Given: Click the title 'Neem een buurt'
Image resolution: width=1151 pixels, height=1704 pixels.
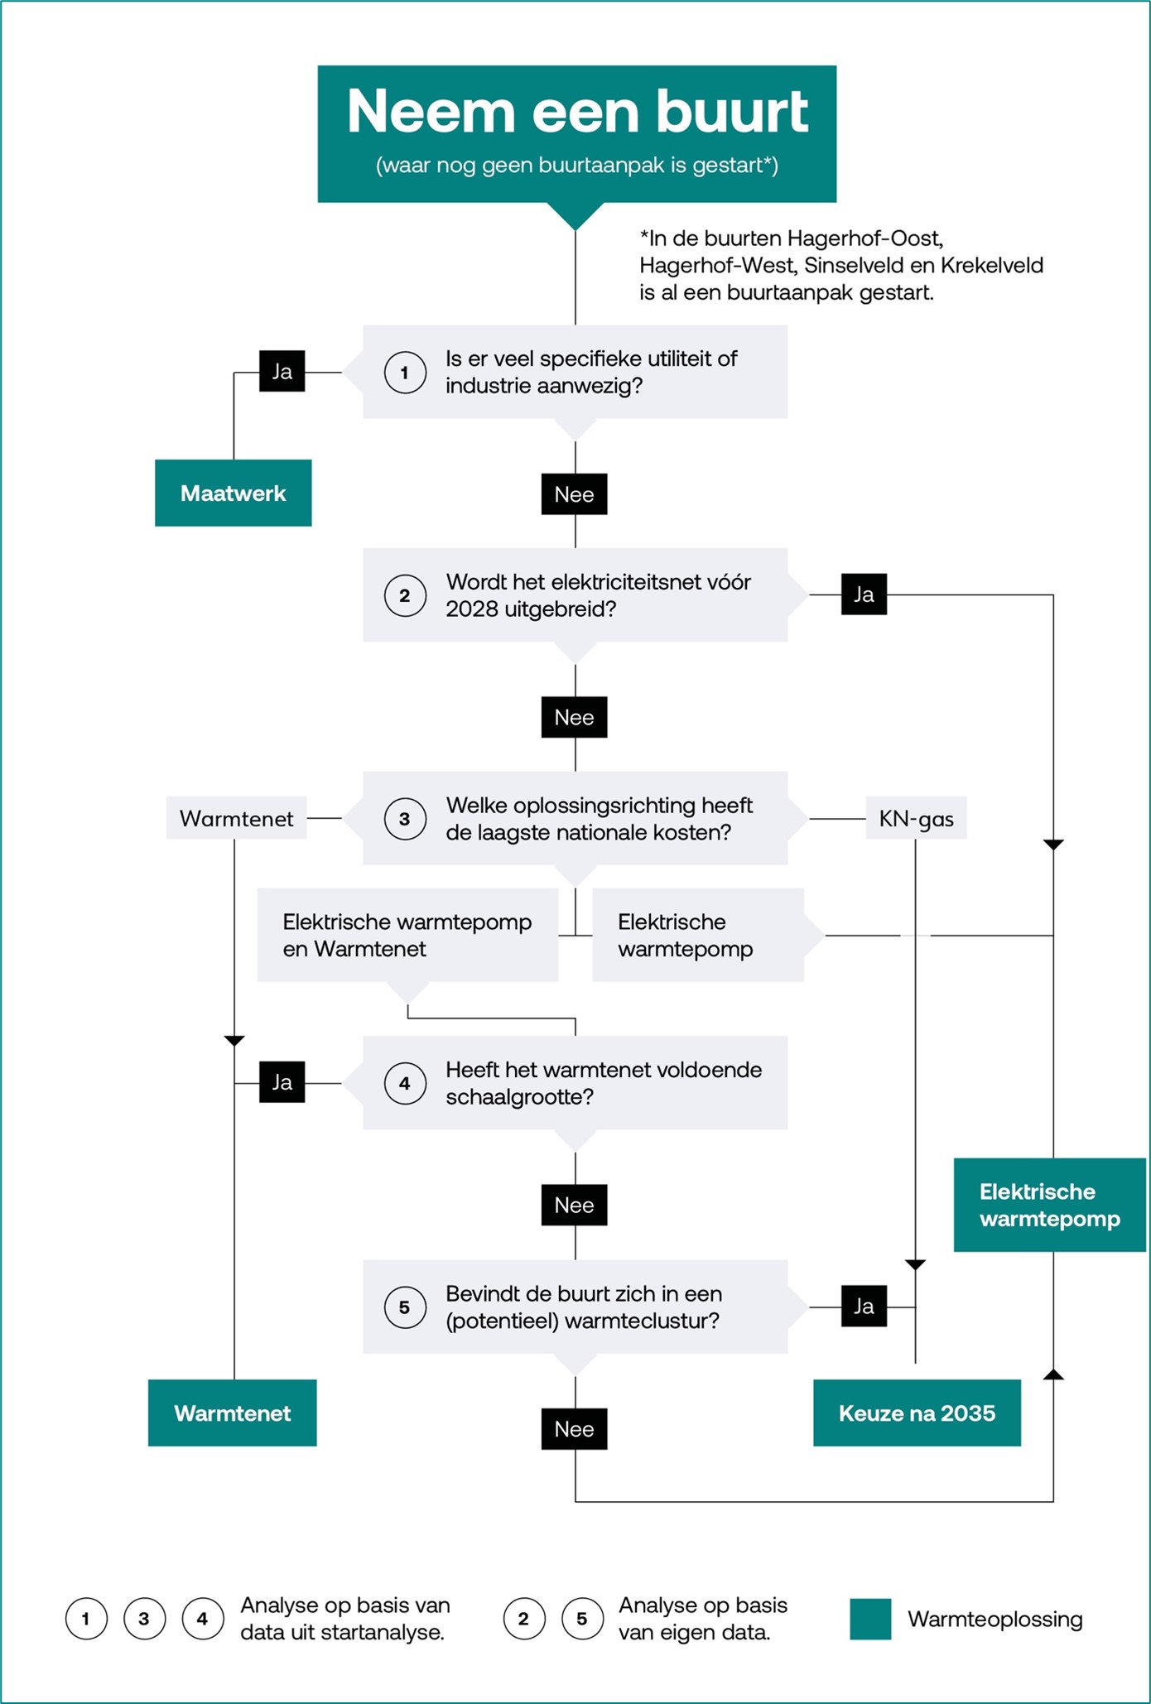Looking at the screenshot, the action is [x=577, y=111].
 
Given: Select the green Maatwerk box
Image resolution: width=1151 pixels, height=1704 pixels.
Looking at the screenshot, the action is [x=234, y=493].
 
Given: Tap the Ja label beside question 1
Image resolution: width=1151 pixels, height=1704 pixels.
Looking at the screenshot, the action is [x=282, y=371].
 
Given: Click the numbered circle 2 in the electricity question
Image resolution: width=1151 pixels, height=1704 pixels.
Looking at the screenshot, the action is [x=405, y=595].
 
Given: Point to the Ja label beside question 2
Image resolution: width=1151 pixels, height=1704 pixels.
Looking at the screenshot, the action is [x=864, y=594].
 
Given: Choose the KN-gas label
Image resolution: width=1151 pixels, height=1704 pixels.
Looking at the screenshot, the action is [x=917, y=818].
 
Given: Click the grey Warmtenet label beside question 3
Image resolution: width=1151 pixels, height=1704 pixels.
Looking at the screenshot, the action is [x=237, y=818].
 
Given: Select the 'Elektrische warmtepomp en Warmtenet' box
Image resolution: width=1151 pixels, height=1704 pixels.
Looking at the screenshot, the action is [x=407, y=935].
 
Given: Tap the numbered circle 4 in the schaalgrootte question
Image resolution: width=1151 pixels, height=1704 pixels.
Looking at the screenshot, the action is [x=405, y=1083].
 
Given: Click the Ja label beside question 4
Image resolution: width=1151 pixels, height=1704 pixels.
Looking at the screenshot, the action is [x=282, y=1082].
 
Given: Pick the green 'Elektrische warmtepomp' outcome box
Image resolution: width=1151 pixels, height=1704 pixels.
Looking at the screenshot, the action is [x=1050, y=1205].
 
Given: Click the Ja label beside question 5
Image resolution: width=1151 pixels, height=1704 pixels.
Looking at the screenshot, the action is [x=864, y=1306].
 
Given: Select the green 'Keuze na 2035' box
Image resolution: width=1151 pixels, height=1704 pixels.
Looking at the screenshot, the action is [x=917, y=1413].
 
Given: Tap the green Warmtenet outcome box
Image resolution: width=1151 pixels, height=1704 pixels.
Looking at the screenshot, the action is [x=233, y=1413].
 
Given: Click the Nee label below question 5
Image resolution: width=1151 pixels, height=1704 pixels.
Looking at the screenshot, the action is [x=575, y=1428].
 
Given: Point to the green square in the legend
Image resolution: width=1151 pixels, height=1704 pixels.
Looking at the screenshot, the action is [x=870, y=1619].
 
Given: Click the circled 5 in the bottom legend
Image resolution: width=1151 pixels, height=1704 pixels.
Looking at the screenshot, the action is [x=582, y=1619].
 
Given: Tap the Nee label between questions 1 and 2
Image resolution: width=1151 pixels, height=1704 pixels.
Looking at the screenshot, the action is [x=575, y=493].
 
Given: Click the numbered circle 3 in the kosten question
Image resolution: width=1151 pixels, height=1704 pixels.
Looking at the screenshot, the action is [x=405, y=819].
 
